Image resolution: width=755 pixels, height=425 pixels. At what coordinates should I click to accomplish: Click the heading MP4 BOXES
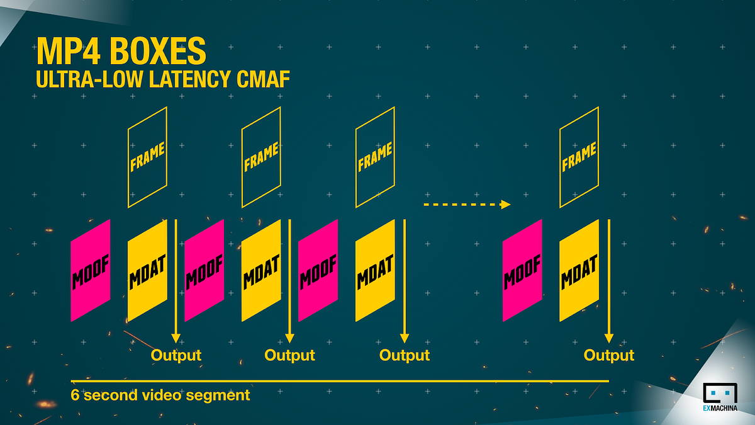coord(121,52)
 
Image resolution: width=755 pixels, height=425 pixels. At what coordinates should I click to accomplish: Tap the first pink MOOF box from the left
coord(91,269)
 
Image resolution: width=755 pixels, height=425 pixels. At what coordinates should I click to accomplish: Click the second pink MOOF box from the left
coord(204,269)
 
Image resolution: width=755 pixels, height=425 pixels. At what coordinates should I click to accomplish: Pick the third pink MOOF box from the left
coord(318,269)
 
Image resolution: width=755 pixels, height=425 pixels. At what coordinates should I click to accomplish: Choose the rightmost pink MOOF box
coord(522,269)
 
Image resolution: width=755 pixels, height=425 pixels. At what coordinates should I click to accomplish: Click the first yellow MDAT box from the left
coord(147,269)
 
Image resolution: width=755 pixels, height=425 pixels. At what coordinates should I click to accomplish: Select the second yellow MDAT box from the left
coord(261,269)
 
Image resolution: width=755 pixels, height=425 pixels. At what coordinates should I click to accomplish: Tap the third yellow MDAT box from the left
coord(375,269)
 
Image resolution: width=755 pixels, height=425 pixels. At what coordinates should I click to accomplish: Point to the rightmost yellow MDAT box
coord(579,269)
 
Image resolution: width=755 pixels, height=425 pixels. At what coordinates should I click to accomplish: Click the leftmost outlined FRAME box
coord(147,157)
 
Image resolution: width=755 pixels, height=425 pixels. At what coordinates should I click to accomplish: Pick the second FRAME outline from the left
coord(261,157)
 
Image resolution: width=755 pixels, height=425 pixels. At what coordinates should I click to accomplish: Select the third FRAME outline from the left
coord(375,157)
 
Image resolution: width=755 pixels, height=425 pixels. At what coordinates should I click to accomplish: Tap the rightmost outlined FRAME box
coord(579,157)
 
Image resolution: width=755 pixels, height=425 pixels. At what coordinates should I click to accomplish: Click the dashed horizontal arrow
coord(466,204)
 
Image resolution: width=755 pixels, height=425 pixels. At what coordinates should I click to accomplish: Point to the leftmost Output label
coord(176,355)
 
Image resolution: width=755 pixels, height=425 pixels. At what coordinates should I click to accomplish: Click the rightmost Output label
coord(609,355)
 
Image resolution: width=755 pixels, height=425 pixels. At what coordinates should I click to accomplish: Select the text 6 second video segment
coord(160,395)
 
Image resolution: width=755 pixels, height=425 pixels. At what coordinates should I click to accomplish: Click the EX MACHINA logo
coord(721,398)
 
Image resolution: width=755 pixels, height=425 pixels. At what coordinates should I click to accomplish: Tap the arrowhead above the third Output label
coord(405,337)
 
